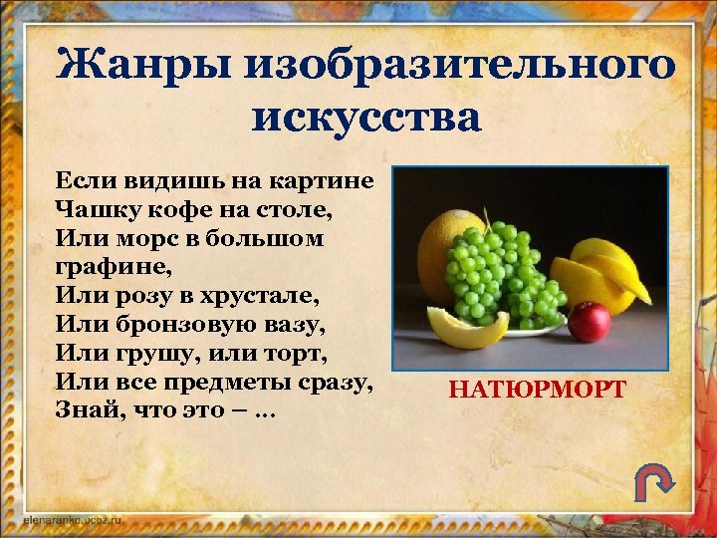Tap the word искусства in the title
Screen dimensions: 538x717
[366, 118]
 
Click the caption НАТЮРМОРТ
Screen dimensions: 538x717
[537, 388]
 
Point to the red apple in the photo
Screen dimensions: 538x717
[590, 322]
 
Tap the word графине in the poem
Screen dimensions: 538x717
[114, 267]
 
